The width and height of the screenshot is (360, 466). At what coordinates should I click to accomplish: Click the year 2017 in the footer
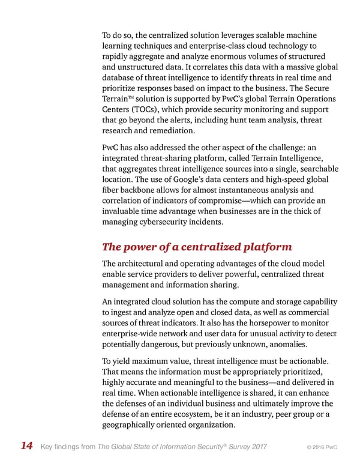256,446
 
